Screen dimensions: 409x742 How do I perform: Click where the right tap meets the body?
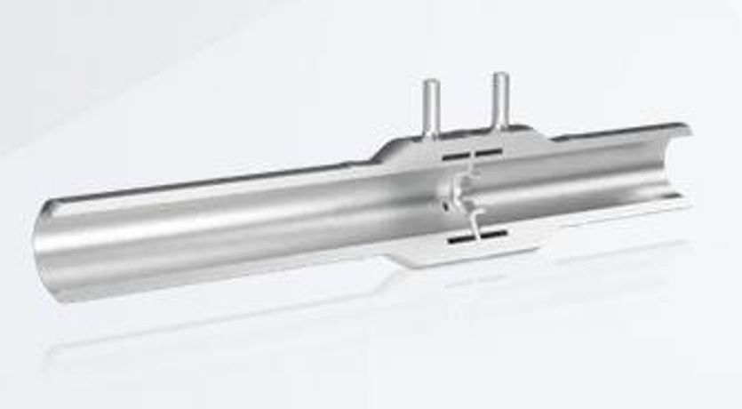pos(499,132)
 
